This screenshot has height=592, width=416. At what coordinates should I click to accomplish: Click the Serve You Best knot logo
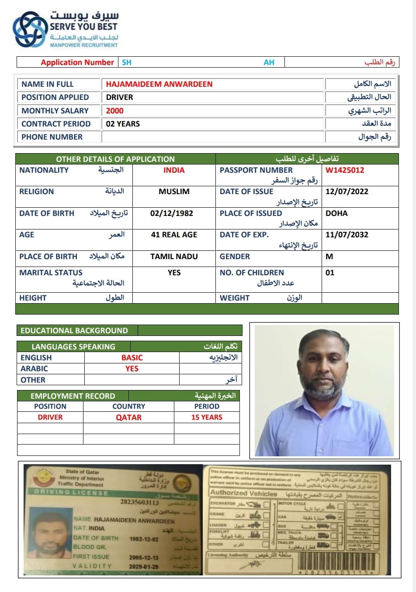[30, 30]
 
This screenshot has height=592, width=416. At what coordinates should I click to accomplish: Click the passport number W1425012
[344, 170]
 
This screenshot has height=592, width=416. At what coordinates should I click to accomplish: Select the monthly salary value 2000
[114, 111]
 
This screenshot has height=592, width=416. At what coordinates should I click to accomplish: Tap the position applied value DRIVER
[119, 97]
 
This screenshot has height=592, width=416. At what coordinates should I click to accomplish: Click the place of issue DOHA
[336, 213]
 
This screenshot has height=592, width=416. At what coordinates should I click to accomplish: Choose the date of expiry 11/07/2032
[347, 235]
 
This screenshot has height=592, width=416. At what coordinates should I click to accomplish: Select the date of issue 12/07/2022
[347, 192]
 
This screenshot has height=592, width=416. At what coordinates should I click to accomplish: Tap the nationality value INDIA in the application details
[174, 170]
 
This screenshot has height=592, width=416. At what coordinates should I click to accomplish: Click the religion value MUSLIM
[174, 192]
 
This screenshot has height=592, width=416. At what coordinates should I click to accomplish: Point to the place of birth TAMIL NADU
[174, 257]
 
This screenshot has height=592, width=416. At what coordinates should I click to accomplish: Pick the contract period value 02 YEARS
[123, 124]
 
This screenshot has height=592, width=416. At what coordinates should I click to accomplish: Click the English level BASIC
[132, 358]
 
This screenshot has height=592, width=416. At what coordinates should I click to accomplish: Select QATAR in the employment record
[128, 417]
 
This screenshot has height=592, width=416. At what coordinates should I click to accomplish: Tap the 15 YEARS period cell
[207, 417]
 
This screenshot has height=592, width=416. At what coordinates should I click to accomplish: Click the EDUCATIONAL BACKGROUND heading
[74, 331]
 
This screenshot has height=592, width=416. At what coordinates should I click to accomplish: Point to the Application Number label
[77, 62]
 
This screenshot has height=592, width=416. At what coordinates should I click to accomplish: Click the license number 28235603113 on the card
[139, 502]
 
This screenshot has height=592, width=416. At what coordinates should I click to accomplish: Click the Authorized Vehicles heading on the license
[243, 493]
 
